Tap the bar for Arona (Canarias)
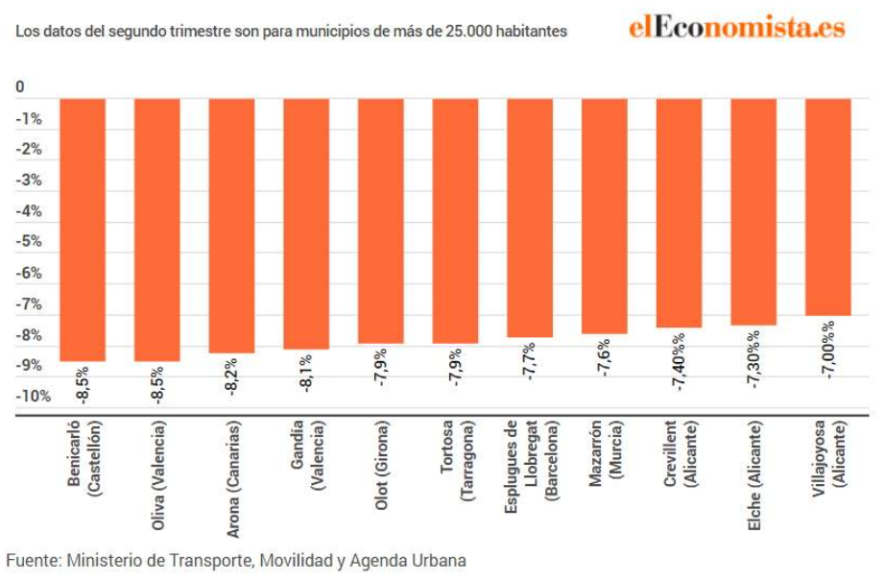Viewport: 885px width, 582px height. [231, 225]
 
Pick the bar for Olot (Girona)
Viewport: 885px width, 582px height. [380, 220]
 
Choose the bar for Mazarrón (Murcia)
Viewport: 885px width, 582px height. [604, 215]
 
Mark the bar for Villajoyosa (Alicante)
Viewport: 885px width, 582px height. [827, 206]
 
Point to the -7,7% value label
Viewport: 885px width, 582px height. [530, 363]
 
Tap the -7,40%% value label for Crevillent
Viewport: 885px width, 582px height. [679, 356]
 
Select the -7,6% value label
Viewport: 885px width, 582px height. [604, 359]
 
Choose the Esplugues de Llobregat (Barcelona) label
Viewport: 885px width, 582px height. [530, 460]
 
